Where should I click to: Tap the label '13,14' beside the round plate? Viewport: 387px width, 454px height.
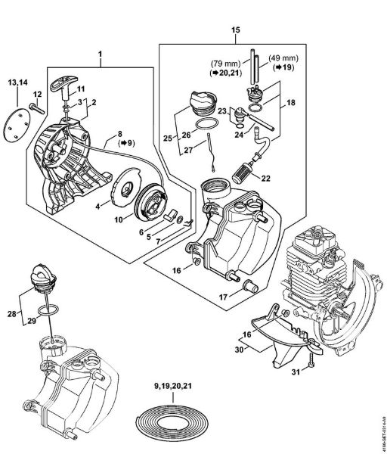[x=20, y=81]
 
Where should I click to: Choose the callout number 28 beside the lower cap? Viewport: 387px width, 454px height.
[x=11, y=312]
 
